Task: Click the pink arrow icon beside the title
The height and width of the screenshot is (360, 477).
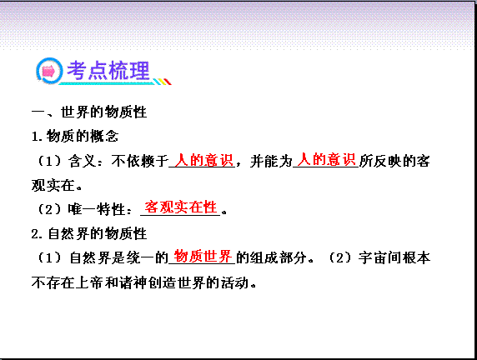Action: [48, 72]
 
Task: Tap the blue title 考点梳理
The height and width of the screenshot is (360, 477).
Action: [108, 71]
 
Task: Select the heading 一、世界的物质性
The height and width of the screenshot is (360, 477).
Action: [89, 112]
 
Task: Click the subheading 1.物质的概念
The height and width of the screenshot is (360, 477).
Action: [75, 136]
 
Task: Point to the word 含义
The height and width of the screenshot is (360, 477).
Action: [82, 161]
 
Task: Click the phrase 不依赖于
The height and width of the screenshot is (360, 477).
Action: [139, 161]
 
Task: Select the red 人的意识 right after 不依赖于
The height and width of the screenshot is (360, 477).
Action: [203, 160]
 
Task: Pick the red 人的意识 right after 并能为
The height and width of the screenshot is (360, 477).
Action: [326, 159]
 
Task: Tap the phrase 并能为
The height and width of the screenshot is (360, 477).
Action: [271, 161]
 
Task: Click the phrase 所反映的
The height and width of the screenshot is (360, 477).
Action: [387, 161]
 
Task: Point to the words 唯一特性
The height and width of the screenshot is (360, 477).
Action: [97, 209]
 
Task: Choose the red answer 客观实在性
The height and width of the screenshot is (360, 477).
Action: [180, 207]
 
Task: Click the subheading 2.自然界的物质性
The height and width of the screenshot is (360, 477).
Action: [89, 233]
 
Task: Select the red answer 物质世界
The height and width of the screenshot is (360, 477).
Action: [203, 256]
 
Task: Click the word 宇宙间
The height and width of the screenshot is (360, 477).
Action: [379, 257]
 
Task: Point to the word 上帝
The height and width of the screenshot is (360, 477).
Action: [89, 282]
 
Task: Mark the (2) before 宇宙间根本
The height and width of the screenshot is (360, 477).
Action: [340, 257]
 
